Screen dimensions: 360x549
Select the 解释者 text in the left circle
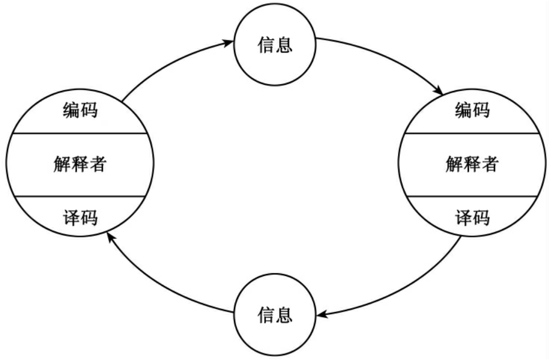[x=80, y=164]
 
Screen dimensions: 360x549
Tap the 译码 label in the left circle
[x=80, y=218]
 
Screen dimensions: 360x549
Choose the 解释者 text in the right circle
[x=472, y=164]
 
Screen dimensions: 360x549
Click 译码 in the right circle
[x=472, y=218]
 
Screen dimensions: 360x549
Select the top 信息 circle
[x=275, y=45]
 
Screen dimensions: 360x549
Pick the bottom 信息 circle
[x=275, y=315]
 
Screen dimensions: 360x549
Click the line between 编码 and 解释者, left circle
[x=80, y=133]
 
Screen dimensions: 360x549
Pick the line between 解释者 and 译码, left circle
[x=80, y=196]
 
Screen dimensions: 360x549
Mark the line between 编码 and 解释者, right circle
[x=472, y=133]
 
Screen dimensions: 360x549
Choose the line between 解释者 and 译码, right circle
[x=472, y=196]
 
